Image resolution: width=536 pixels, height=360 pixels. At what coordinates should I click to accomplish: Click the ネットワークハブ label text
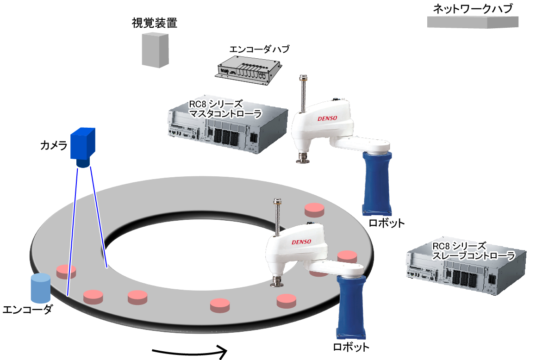pos(475,8)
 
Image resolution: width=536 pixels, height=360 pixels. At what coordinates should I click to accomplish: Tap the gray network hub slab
pos(473,22)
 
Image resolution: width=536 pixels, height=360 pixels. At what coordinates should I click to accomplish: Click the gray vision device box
pos(155,50)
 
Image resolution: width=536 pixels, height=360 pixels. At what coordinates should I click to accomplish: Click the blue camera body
pos(82,144)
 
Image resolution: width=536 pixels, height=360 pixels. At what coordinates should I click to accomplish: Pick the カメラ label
pos(53,146)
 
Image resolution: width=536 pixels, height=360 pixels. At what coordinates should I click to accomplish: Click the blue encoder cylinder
pos(40,288)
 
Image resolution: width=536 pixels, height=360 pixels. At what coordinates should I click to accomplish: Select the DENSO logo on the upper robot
pos(327,118)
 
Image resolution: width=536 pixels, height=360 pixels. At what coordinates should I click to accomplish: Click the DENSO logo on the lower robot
pos(301,242)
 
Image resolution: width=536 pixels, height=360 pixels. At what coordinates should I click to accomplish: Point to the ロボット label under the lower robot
pos(351,347)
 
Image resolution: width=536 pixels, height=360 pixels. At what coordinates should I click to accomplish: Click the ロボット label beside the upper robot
pos(386,223)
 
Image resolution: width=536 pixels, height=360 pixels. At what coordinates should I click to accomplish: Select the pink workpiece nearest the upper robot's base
pos(315,210)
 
